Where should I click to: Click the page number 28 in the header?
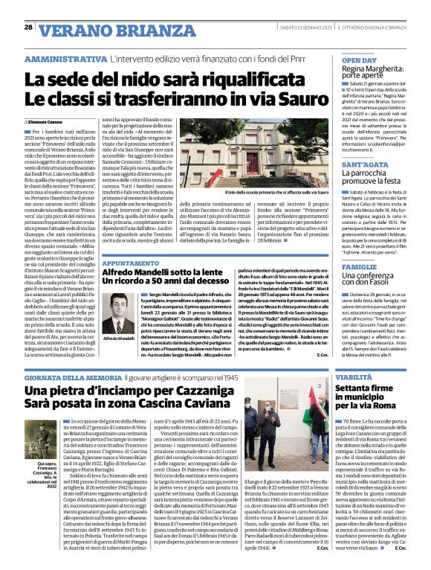point(28,28)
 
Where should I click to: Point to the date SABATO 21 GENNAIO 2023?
point(305,28)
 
